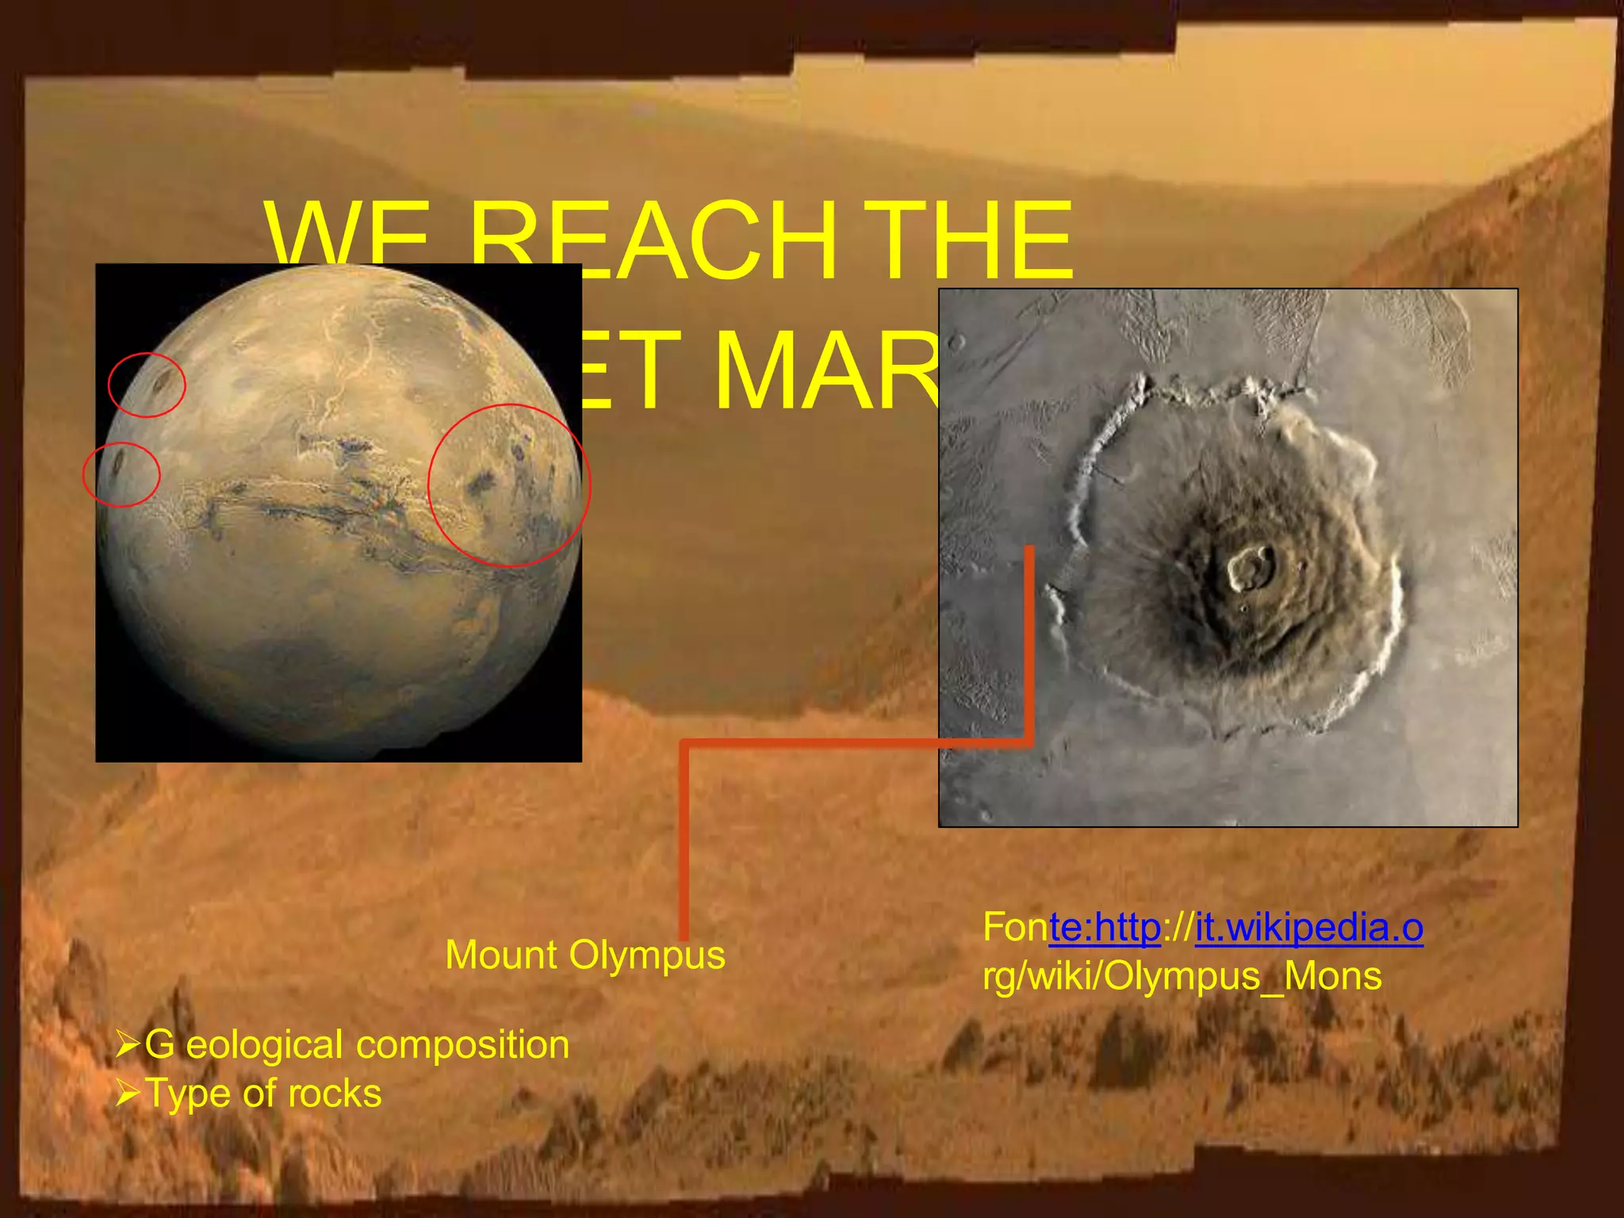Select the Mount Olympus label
(x=585, y=955)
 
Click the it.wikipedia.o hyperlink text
(x=1308, y=927)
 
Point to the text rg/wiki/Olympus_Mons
(x=1182, y=976)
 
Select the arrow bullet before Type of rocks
(x=127, y=1094)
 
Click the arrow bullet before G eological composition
(x=127, y=1044)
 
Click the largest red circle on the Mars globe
(x=509, y=485)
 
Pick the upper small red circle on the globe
(x=147, y=385)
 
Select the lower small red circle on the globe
(x=121, y=474)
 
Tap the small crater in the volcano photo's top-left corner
(x=957, y=343)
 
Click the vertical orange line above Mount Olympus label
(x=684, y=841)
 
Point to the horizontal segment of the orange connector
(x=856, y=743)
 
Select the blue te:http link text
(x=1105, y=927)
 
